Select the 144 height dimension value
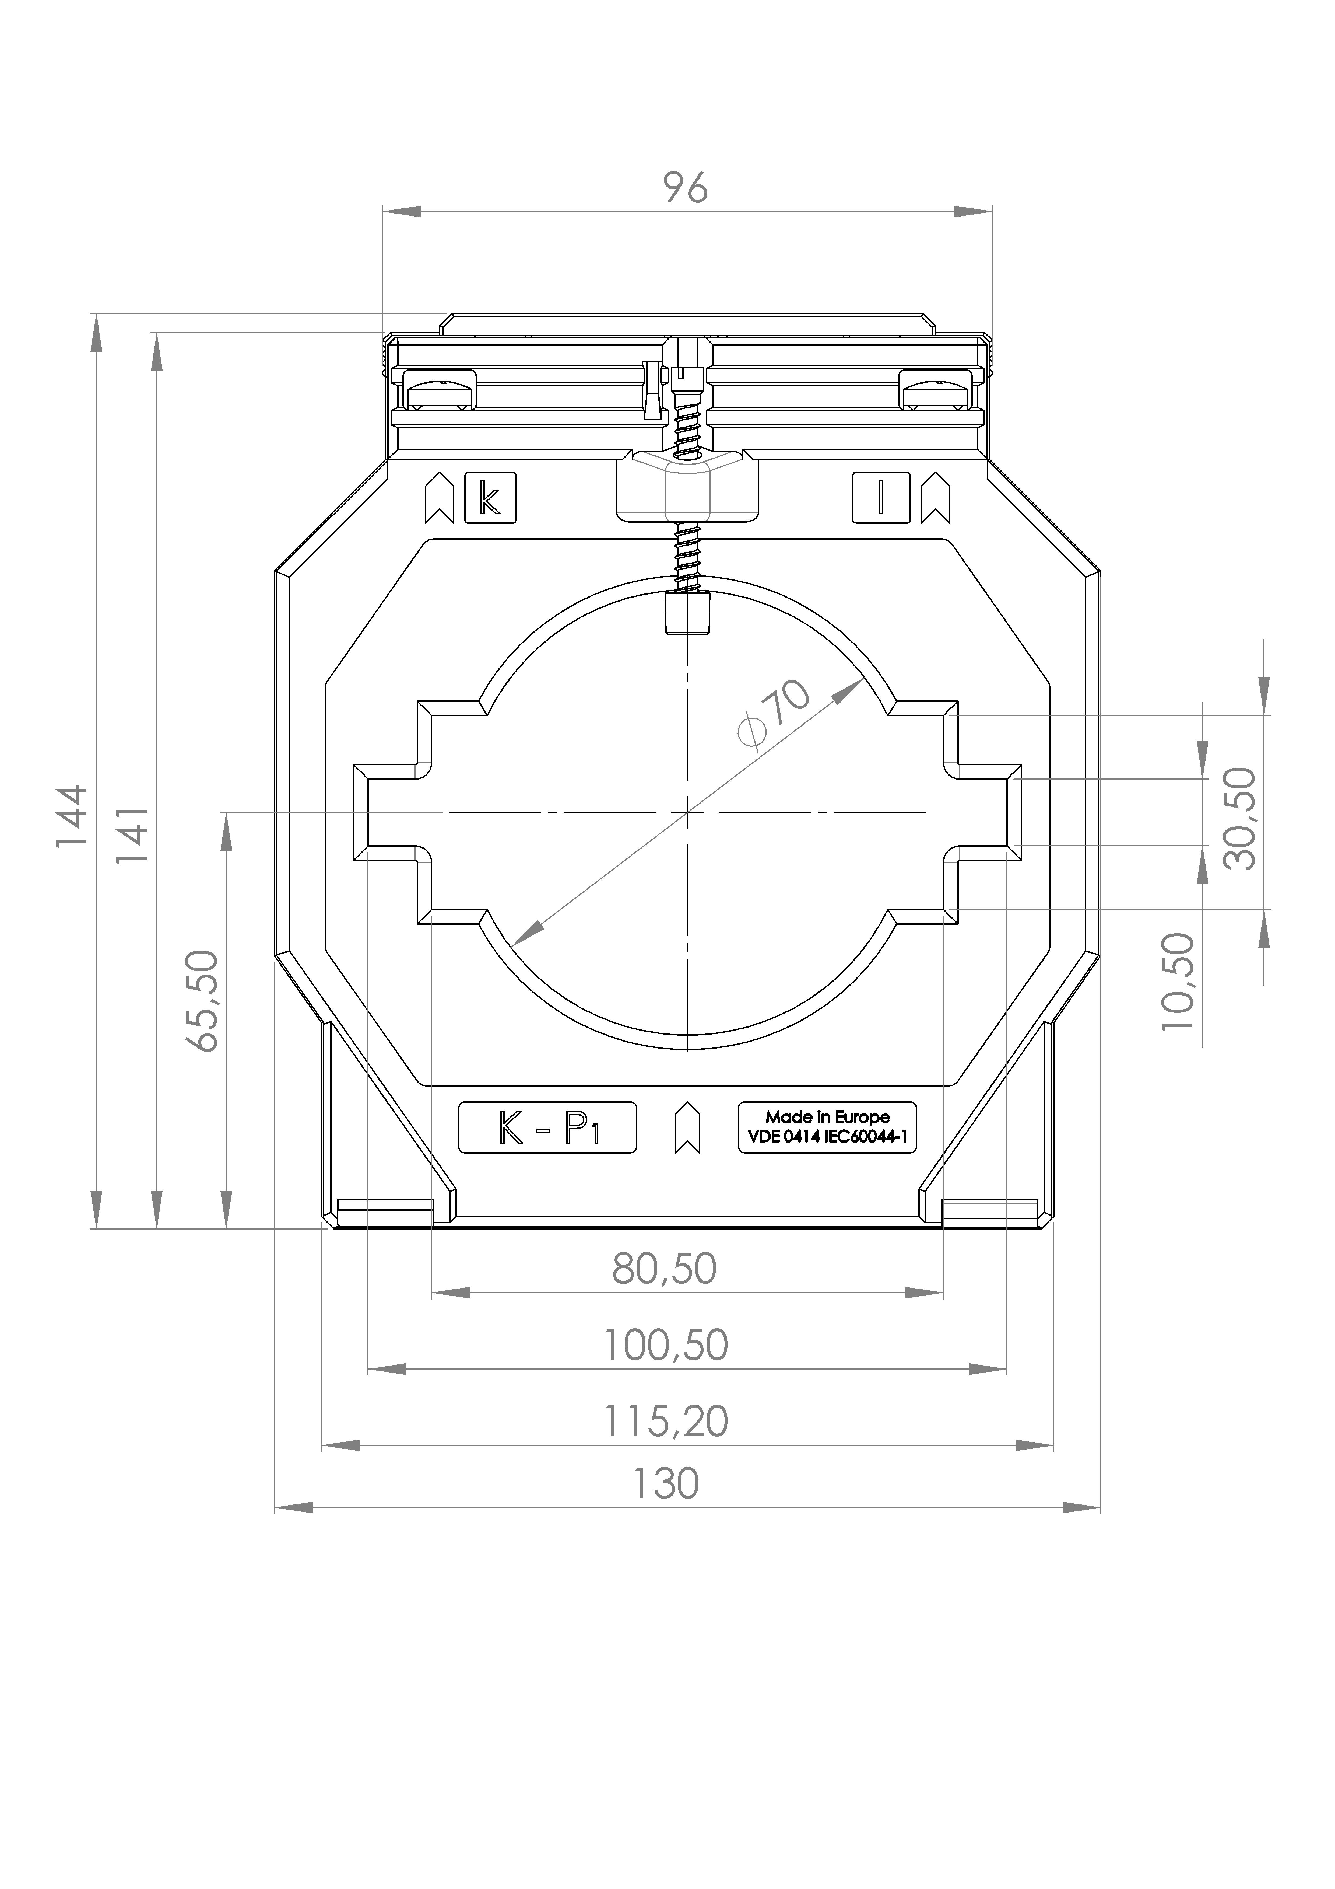click(72, 816)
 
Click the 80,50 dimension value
click(665, 1269)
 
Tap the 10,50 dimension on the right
click(1178, 982)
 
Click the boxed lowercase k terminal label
click(490, 498)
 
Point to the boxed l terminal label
click(881, 498)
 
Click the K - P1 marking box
click(547, 1127)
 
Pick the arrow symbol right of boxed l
click(935, 498)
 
